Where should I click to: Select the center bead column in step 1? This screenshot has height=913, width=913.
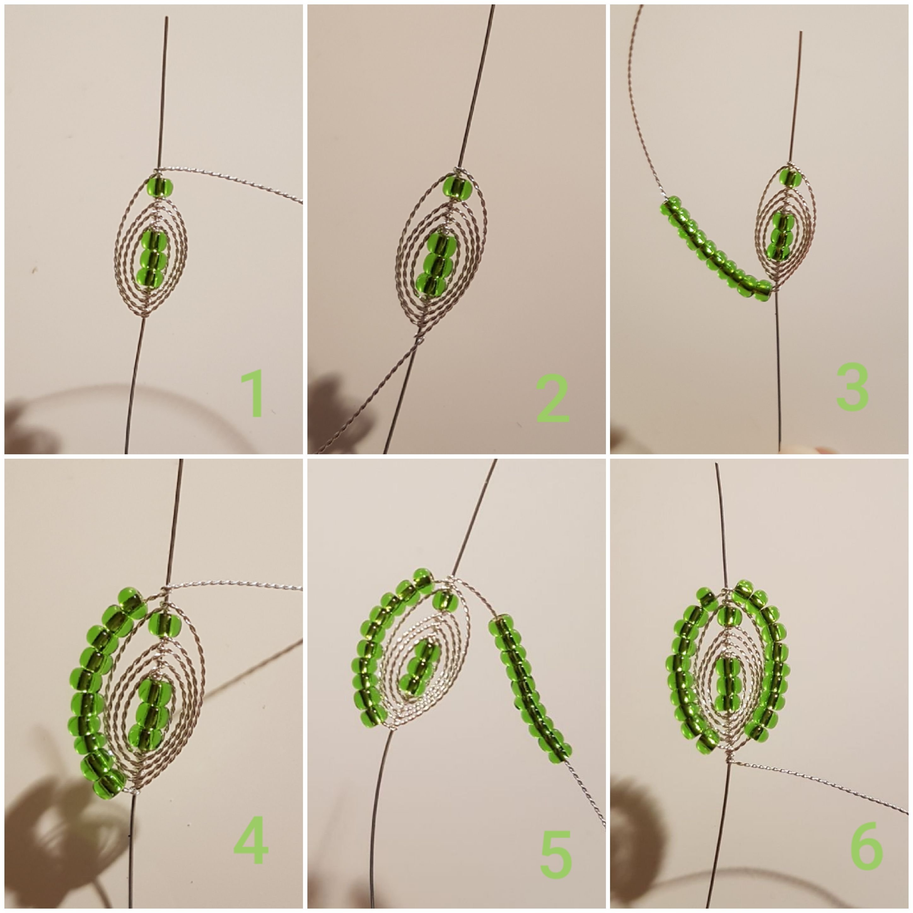click(154, 255)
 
